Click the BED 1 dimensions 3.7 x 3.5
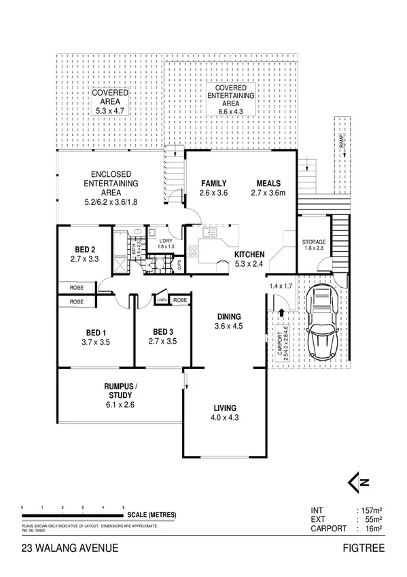pos(95,342)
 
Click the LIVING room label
pos(224,409)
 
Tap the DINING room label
pos(228,316)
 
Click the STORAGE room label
pos(314,242)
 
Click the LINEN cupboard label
pos(162,300)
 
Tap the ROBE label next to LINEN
pos(180,300)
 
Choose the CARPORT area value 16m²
pos(370,528)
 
